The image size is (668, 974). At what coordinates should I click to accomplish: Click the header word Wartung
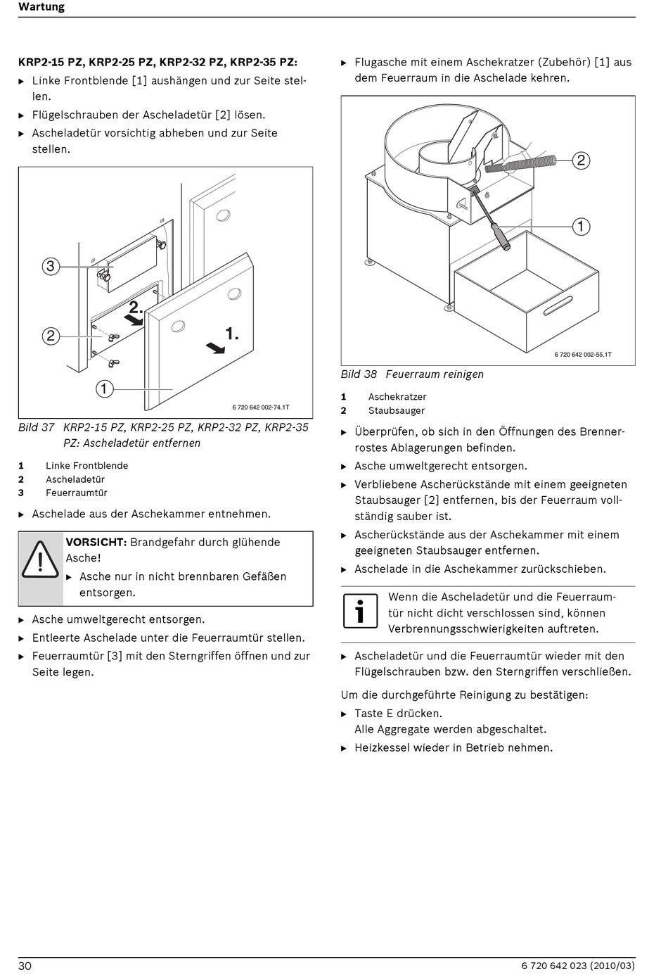click(x=41, y=7)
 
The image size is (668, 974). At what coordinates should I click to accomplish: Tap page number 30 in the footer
click(x=25, y=966)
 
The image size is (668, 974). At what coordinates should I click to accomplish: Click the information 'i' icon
click(x=360, y=611)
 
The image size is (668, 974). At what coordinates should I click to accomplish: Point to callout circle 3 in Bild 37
click(x=50, y=266)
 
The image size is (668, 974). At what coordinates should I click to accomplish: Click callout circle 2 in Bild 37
click(x=50, y=336)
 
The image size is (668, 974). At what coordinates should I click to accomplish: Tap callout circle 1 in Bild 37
click(x=104, y=388)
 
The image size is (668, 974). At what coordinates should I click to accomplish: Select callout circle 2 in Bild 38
click(x=580, y=160)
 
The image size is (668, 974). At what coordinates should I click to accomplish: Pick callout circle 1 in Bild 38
click(x=581, y=227)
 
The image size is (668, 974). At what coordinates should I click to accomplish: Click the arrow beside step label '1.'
click(x=216, y=347)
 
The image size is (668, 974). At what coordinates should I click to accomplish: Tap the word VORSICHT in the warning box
click(x=96, y=542)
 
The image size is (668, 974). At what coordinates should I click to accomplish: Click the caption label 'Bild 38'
click(x=359, y=374)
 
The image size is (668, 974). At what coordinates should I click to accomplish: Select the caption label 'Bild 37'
click(x=37, y=427)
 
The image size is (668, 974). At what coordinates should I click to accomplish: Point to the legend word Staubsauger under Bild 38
click(x=397, y=410)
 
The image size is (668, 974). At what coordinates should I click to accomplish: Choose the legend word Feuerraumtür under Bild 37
click(x=77, y=493)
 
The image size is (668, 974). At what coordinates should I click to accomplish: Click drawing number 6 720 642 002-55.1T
click(x=583, y=355)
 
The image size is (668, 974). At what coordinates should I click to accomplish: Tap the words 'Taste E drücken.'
click(x=399, y=713)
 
